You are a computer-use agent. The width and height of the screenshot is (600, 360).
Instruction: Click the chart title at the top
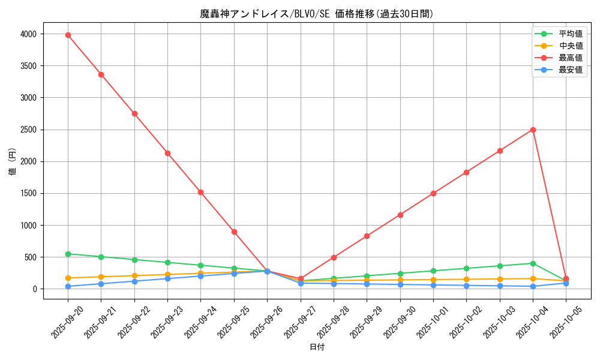[317, 14]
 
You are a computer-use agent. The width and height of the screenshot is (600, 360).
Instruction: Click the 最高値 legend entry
[570, 58]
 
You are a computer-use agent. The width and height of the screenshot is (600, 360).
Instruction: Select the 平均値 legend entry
[570, 34]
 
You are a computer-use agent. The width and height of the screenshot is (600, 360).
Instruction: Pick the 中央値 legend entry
[570, 46]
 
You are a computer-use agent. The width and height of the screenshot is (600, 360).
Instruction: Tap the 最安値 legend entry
[570, 70]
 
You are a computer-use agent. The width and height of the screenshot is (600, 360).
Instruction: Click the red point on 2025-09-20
[68, 35]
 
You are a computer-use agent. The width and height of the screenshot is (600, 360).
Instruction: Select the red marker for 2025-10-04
[533, 130]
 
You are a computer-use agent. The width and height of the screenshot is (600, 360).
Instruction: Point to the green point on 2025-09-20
[68, 254]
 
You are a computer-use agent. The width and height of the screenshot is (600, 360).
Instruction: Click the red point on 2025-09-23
[167, 153]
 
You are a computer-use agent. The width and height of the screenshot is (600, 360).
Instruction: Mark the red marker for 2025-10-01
[433, 193]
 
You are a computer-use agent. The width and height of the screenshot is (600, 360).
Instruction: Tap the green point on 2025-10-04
[533, 263]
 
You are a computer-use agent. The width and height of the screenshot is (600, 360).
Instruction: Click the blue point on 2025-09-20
[68, 286]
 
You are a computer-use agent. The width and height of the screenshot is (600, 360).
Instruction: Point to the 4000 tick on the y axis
[29, 34]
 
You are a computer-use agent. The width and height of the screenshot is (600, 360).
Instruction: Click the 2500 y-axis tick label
[29, 130]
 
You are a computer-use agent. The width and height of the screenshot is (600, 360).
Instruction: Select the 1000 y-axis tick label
[29, 226]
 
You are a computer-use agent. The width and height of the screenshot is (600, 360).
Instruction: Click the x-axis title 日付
[317, 347]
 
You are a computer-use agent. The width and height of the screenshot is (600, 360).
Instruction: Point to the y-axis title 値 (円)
[13, 161]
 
